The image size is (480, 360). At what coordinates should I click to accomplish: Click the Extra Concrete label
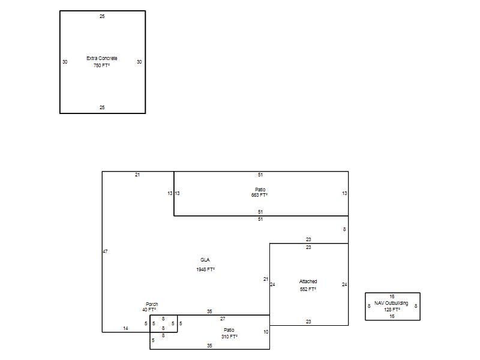[101, 58]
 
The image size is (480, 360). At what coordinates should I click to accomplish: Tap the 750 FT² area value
[101, 65]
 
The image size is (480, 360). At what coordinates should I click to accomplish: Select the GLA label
[205, 260]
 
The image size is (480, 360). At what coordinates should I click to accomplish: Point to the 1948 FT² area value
[205, 269]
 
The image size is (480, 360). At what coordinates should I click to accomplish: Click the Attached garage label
[308, 281]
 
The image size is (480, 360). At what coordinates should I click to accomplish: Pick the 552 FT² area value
[308, 289]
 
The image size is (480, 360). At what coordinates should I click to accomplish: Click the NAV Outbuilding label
[391, 303]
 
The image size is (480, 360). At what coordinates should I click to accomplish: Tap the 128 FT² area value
[392, 310]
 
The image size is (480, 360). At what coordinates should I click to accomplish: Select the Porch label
[152, 304]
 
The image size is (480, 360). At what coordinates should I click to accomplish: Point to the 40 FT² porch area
[149, 310]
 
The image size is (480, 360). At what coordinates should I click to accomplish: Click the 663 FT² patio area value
[259, 195]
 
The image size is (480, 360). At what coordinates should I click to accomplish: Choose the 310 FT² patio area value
[230, 337]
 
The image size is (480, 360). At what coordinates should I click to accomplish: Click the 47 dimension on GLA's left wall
[105, 251]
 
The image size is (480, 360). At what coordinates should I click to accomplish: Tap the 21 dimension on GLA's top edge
[137, 175]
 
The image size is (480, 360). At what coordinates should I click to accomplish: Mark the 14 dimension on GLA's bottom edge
[125, 328]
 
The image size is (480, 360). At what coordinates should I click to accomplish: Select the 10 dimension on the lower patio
[266, 332]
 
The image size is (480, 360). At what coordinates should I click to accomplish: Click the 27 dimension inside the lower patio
[223, 319]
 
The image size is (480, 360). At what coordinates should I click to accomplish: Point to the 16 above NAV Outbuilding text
[392, 296]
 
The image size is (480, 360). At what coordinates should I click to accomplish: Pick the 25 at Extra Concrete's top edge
[102, 16]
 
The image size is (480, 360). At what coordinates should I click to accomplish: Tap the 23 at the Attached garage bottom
[308, 322]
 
